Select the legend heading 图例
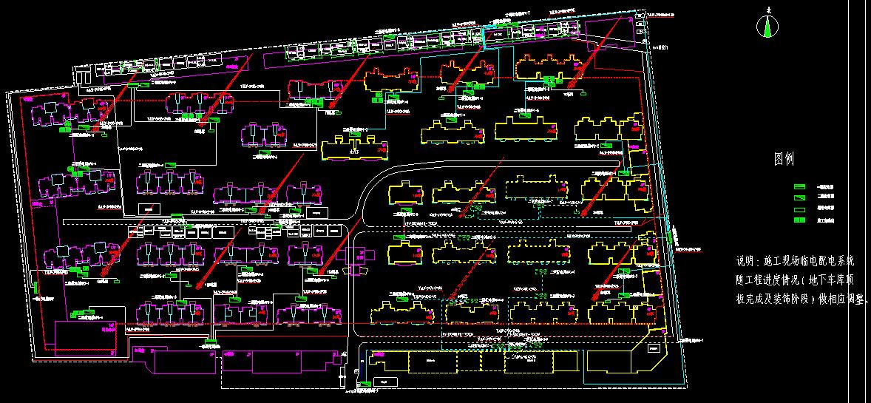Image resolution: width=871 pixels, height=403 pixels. click(783, 158)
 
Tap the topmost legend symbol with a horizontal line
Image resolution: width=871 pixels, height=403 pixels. click(800, 186)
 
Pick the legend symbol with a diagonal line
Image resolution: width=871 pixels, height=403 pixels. click(800, 197)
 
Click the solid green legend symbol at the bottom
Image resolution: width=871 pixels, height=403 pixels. click(800, 220)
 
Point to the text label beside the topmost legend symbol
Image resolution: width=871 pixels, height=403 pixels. click(825, 186)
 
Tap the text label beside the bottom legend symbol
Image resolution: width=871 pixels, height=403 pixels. click(825, 220)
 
